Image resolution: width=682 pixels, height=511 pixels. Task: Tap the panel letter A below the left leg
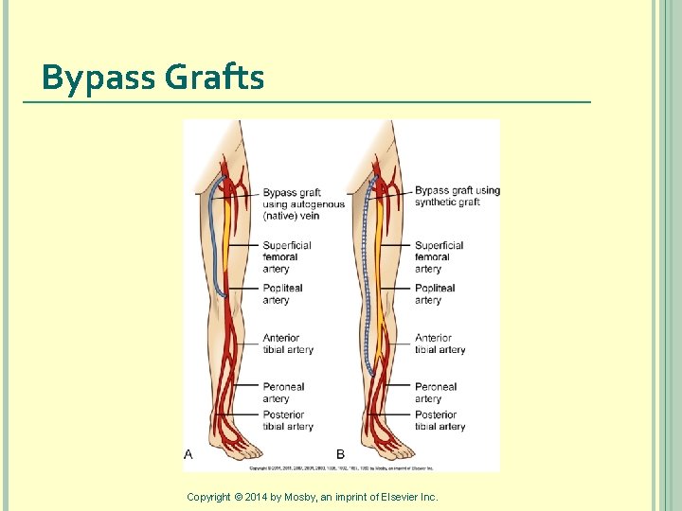pos(188,455)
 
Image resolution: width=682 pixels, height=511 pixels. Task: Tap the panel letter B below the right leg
pos(341,455)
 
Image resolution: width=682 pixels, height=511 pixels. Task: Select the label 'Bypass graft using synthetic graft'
pos(457,196)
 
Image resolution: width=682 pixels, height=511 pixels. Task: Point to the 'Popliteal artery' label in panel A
pos(282,294)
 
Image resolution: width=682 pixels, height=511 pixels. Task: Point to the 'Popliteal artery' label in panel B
pos(435,294)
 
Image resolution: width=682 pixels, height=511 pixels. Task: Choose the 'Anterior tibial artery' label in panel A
pos(287,344)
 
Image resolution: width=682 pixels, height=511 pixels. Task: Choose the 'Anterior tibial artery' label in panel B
pos(440,344)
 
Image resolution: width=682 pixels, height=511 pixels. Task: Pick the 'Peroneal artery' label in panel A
pos(283,393)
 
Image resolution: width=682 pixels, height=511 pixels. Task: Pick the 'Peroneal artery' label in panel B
pos(435,393)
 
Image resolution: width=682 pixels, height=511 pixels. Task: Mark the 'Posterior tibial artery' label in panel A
pos(287,420)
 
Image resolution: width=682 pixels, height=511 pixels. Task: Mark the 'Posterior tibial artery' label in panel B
pos(440,420)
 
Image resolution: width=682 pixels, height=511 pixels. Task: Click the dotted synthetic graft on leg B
pos(367,284)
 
